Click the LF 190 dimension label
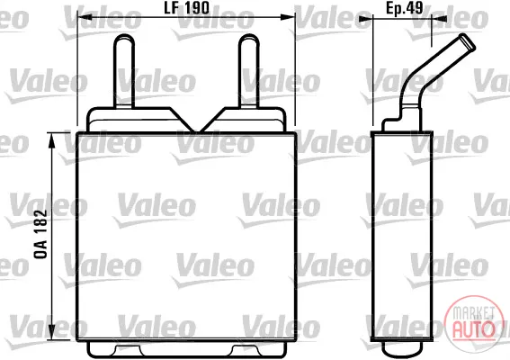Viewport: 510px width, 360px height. (x=186, y=8)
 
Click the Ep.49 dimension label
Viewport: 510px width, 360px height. (x=405, y=8)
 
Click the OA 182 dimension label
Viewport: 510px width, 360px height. (x=41, y=234)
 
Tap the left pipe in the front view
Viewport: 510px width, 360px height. (x=124, y=70)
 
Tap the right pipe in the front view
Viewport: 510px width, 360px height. (x=249, y=70)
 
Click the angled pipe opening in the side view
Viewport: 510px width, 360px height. (x=467, y=41)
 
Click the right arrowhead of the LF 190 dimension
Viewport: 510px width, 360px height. (x=287, y=17)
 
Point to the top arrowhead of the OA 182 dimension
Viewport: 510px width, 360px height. (x=52, y=140)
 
